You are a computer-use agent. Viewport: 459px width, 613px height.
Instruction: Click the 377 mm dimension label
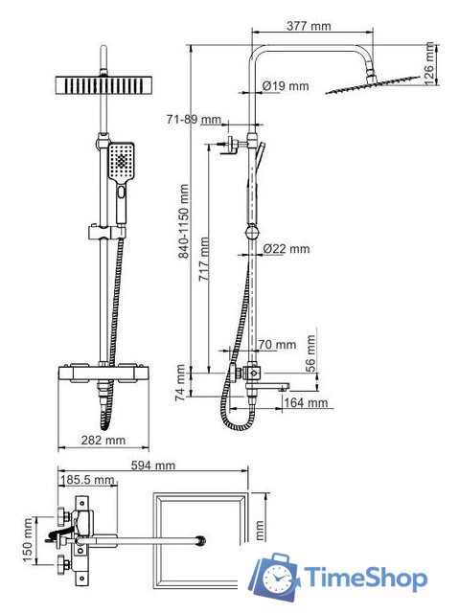(309, 26)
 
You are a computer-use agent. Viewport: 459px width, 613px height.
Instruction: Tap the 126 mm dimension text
(429, 63)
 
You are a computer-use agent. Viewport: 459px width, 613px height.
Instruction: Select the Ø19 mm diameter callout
(286, 85)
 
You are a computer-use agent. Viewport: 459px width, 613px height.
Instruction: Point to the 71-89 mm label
(194, 119)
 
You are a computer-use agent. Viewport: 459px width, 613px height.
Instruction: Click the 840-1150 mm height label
(183, 221)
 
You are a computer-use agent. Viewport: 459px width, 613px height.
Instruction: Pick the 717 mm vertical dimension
(204, 259)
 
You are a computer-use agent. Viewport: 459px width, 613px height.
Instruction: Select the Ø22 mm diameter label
(287, 249)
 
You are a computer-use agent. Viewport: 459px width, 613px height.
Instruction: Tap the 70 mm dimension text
(277, 345)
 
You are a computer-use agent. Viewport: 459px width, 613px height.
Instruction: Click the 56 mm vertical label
(310, 353)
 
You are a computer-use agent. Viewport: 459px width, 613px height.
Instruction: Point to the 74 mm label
(180, 382)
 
